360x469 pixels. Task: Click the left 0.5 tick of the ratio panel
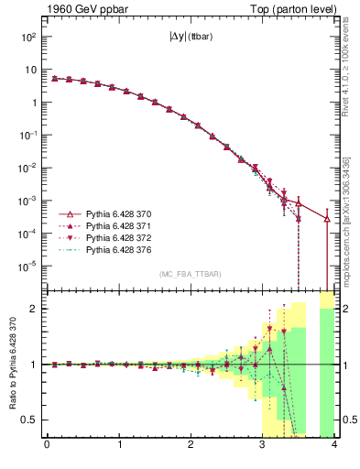(31, 420)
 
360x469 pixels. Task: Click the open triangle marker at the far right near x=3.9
(327, 218)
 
